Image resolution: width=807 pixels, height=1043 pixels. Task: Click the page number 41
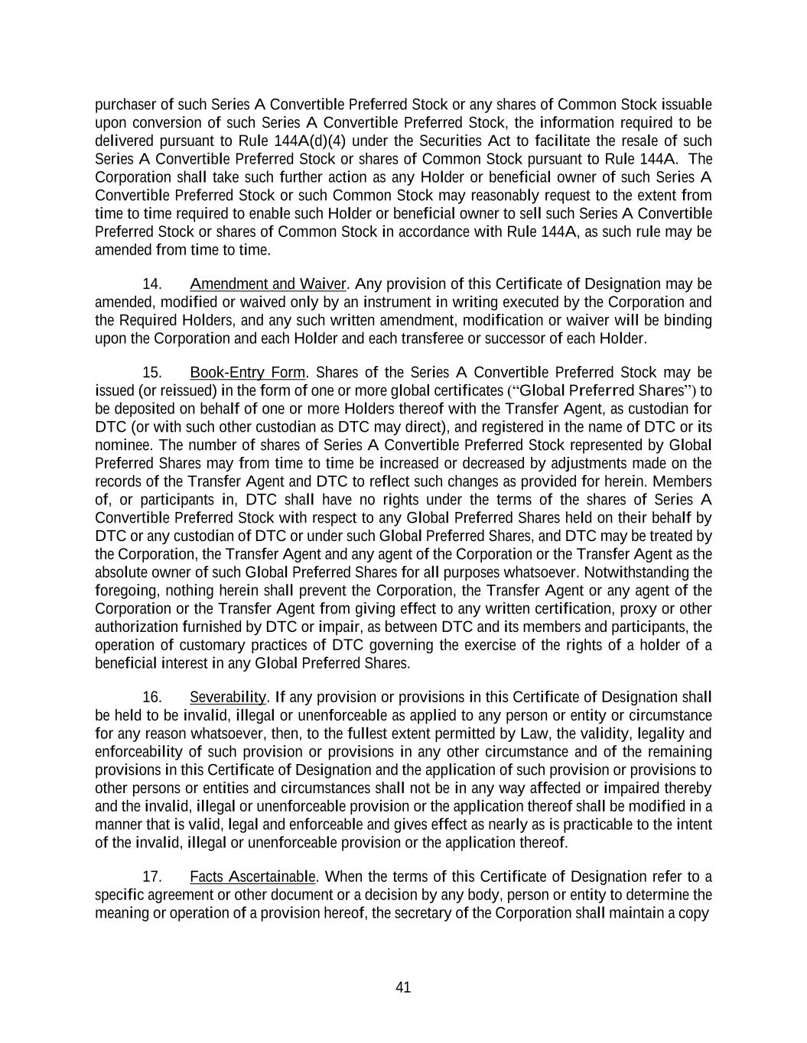(403, 987)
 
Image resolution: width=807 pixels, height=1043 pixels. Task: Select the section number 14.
(151, 283)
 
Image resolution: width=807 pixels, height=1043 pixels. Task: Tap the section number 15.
(151, 372)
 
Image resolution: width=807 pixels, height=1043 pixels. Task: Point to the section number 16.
(151, 697)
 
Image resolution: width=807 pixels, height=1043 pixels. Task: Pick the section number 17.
(151, 876)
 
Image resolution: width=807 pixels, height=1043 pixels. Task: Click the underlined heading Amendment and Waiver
(268, 283)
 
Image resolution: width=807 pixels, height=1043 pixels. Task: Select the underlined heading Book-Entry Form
(248, 372)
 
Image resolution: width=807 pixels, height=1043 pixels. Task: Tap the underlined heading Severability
(227, 697)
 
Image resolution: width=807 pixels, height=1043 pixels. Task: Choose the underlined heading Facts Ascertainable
(252, 876)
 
